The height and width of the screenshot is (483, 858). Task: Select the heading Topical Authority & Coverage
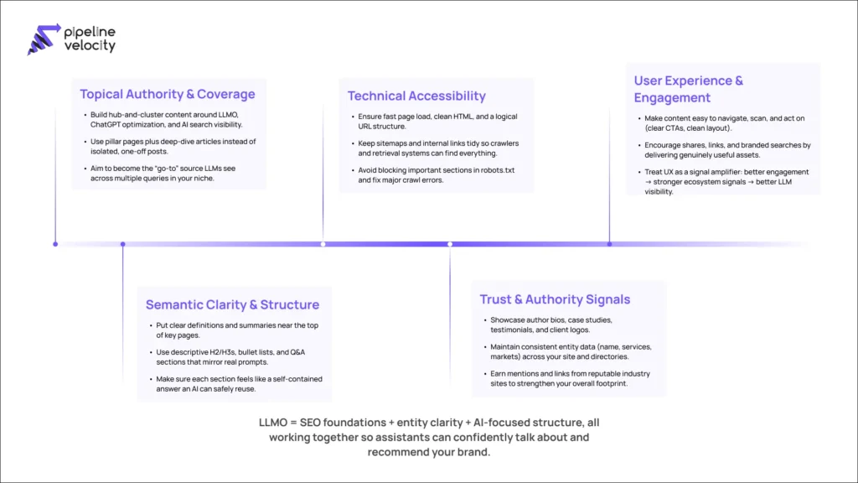167,94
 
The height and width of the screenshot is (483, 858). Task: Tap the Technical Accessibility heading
416,96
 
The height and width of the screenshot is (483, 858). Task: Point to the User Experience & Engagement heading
689,89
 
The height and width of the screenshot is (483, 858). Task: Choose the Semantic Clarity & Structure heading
232,304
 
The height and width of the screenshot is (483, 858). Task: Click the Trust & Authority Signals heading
555,299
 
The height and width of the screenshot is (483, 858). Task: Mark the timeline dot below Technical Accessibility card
323,244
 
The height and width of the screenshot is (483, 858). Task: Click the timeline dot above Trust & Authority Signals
450,244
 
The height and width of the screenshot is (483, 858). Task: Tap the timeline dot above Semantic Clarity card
123,244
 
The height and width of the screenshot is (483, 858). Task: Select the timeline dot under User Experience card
609,244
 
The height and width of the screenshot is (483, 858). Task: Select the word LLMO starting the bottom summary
275,422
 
